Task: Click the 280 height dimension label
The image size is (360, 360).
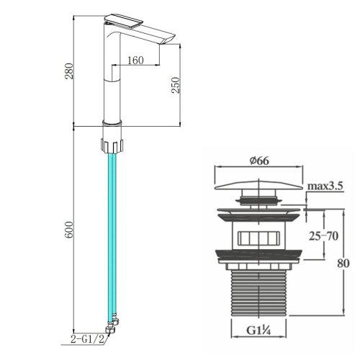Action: coord(69,71)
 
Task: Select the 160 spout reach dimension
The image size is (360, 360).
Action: coord(135,60)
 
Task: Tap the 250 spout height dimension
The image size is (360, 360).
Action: coord(176,85)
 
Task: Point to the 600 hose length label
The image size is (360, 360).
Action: coord(69,230)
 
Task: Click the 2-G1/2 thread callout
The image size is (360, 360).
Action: coord(88,339)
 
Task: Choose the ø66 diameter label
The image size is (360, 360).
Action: coord(259,161)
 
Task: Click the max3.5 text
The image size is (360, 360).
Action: coord(325,186)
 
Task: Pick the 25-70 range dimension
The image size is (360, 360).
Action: coord(323,236)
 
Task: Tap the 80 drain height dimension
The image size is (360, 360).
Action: coord(343,264)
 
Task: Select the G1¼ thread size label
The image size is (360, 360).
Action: coord(258,330)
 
